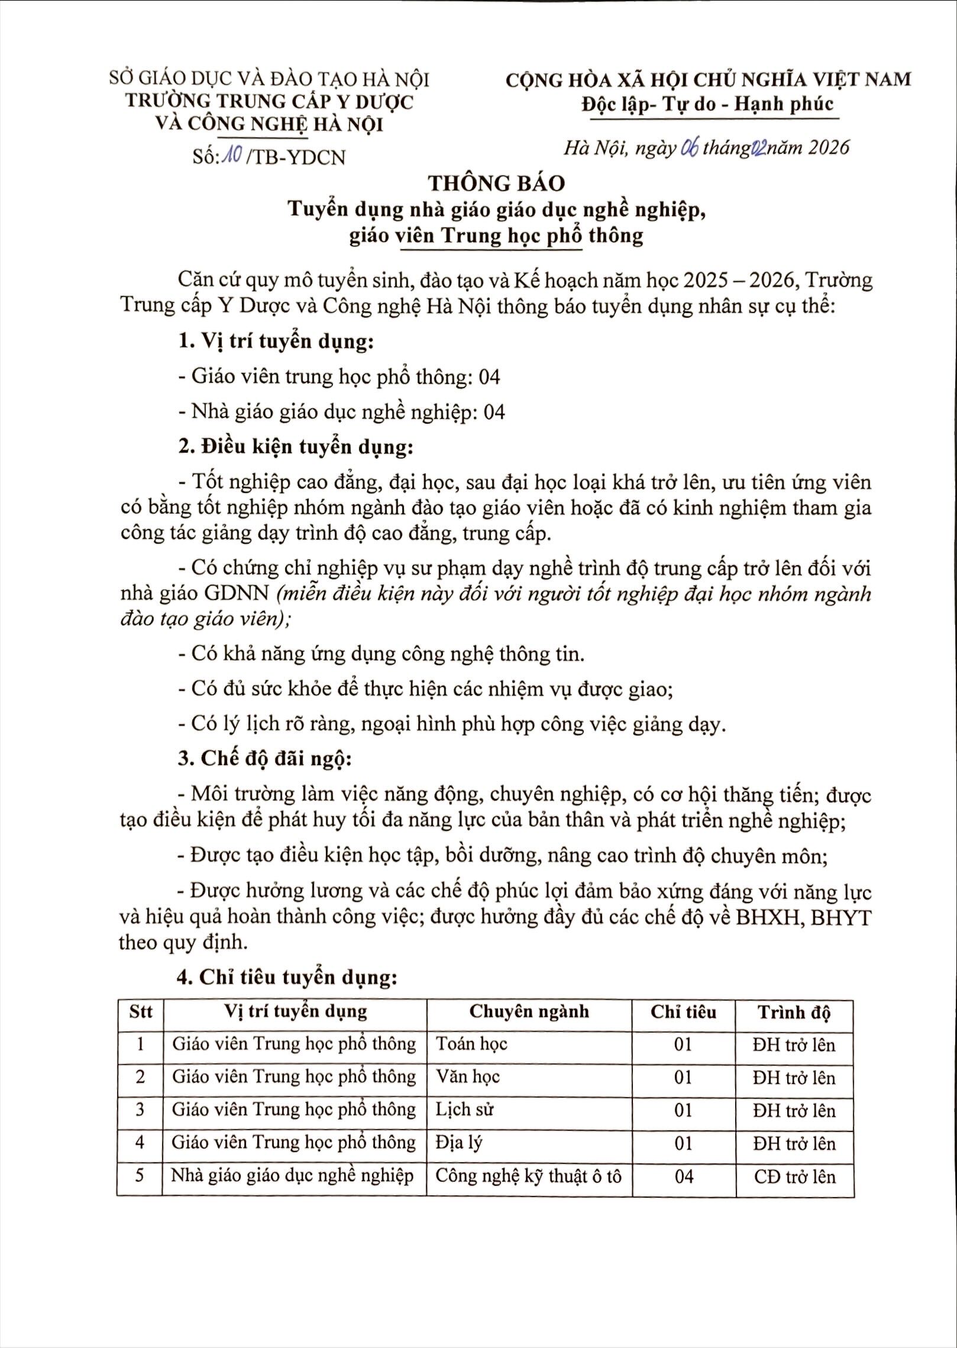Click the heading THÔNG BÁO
[497, 183]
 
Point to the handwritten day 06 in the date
[690, 147]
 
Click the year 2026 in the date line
[828, 147]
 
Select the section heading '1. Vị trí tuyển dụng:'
[276, 342]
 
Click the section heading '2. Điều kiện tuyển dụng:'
[295, 447]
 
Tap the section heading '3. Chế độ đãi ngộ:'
[264, 759]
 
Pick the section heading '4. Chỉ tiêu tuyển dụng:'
[287, 977]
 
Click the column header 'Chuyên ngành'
[529, 1011]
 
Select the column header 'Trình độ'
[794, 1012]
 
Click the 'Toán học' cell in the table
[471, 1044]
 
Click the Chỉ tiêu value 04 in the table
[684, 1176]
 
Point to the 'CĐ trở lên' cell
[794, 1176]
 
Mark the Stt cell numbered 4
[140, 1142]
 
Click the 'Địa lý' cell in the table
[459, 1142]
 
